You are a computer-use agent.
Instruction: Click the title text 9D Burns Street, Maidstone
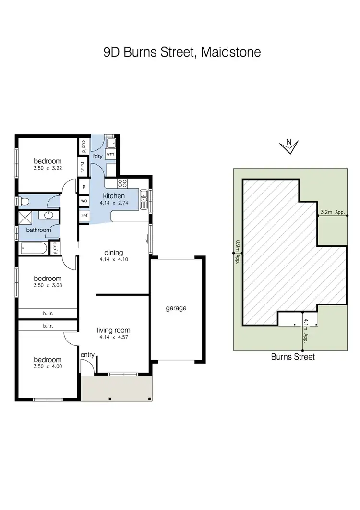(182, 52)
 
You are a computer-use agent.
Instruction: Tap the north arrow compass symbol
(288, 146)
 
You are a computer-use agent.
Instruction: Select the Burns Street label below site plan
(293, 357)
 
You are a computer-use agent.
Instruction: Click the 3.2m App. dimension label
(333, 211)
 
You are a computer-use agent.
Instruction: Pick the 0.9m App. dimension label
(237, 253)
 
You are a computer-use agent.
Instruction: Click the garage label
(176, 308)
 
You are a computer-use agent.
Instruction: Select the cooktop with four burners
(122, 183)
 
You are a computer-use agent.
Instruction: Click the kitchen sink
(144, 199)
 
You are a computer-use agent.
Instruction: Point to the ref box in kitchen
(84, 216)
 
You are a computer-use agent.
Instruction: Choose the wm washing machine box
(110, 154)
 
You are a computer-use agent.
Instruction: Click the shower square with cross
(24, 218)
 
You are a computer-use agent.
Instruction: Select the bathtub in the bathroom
(33, 249)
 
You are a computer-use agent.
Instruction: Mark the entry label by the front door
(87, 355)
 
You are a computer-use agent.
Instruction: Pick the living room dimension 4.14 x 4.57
(114, 338)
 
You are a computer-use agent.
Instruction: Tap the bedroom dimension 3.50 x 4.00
(47, 367)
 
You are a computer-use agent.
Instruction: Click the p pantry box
(84, 186)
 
